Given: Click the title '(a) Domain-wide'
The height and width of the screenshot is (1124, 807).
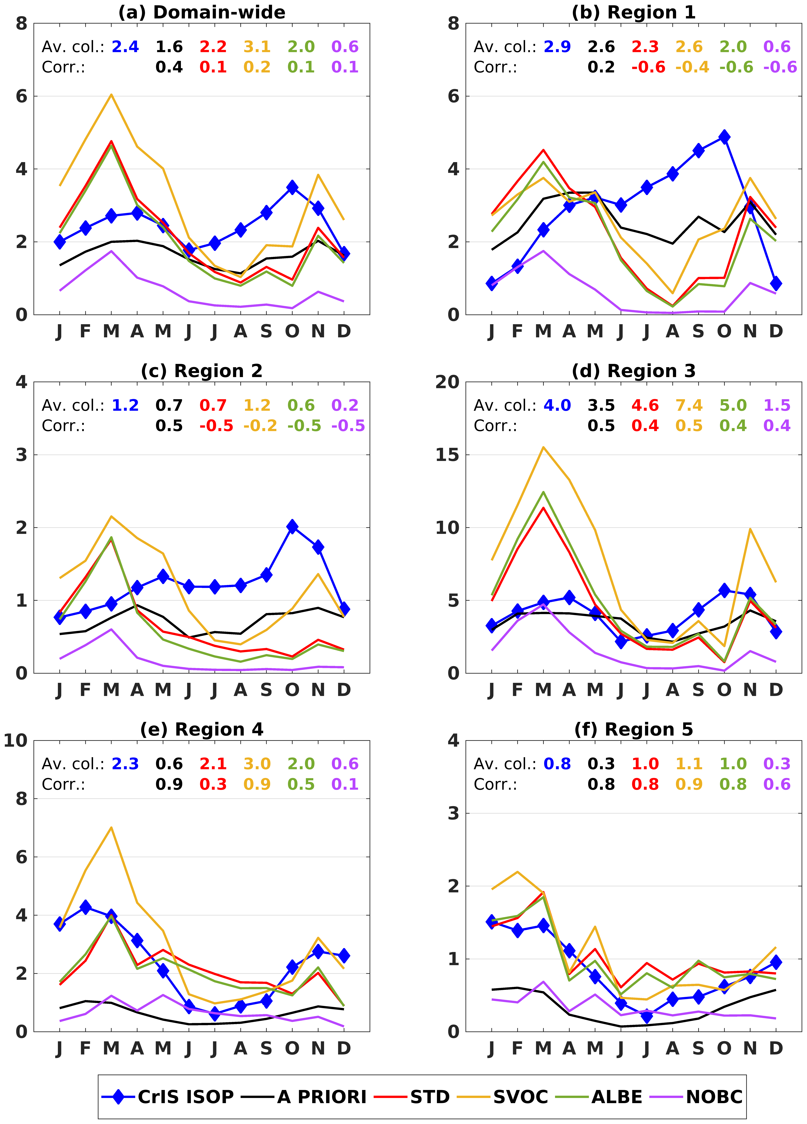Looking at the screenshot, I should [202, 12].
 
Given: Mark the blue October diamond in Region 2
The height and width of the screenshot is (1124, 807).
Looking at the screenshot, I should [292, 526].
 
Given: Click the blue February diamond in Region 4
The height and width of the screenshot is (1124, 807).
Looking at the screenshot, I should [86, 907].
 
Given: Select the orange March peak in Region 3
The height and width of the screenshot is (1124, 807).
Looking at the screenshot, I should [544, 447].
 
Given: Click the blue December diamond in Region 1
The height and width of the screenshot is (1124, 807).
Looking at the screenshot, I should [776, 284].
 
